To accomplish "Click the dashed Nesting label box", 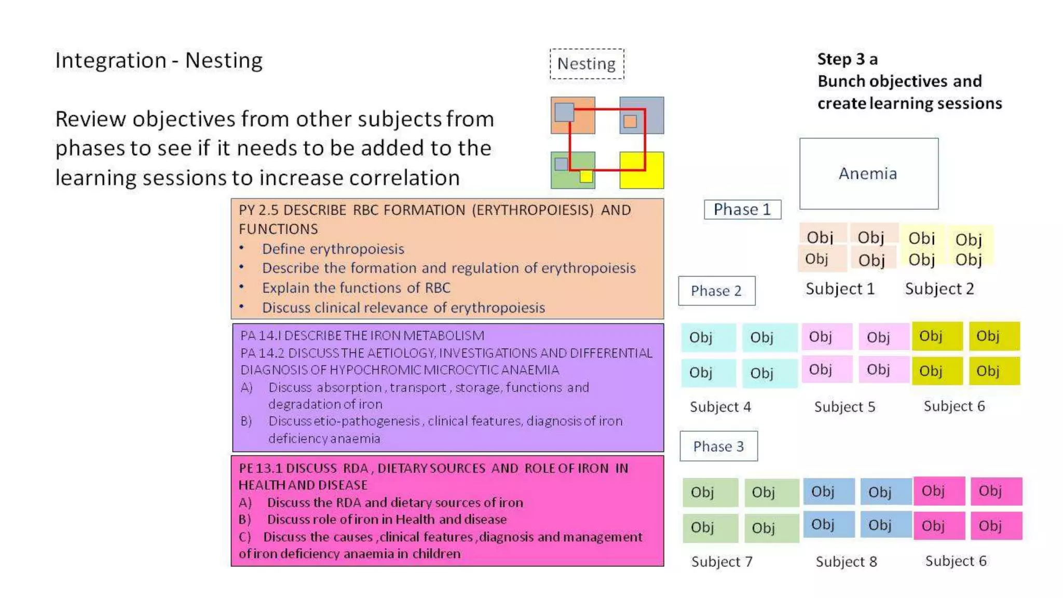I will tap(587, 64).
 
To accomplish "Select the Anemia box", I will tap(868, 173).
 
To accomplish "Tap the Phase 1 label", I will tap(742, 209).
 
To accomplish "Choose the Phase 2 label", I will tap(716, 291).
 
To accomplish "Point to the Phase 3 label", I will tap(718, 446).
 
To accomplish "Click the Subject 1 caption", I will tap(840, 289).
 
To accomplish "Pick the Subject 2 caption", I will tap(939, 289).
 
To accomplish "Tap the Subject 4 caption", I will tap(720, 407).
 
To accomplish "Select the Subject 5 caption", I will tap(844, 407).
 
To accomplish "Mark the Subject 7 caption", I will tap(721, 562).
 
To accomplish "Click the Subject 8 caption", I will tap(846, 562).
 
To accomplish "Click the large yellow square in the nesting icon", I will tap(642, 170).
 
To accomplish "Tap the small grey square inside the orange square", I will tap(564, 112).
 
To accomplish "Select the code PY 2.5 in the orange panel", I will tap(258, 210).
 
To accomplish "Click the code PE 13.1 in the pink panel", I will tap(261, 468).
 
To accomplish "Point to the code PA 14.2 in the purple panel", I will tap(262, 353).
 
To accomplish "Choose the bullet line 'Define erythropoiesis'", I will tap(333, 249).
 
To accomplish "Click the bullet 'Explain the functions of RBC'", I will tap(356, 288).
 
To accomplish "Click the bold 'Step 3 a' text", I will tap(847, 59).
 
